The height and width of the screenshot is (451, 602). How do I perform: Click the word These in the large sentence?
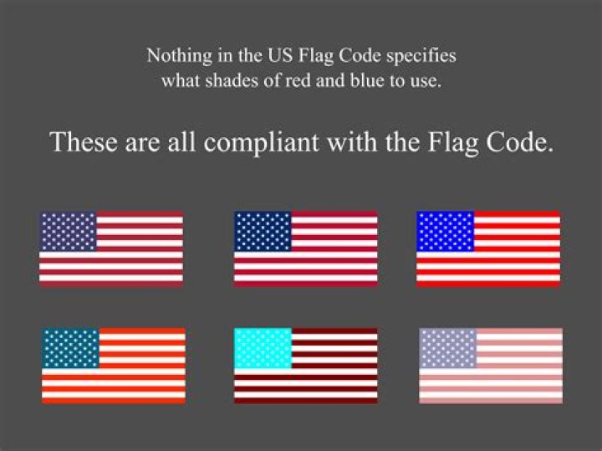[x=82, y=141]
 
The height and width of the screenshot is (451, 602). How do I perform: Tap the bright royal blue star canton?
[x=445, y=231]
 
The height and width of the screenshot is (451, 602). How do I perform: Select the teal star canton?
[x=70, y=348]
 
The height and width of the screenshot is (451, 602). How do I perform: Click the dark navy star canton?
[x=263, y=231]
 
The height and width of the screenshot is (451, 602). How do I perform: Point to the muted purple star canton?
[x=68, y=231]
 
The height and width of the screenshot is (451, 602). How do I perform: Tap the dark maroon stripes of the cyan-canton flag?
[x=334, y=385]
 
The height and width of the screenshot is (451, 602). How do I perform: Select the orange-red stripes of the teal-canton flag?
[x=142, y=385]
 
